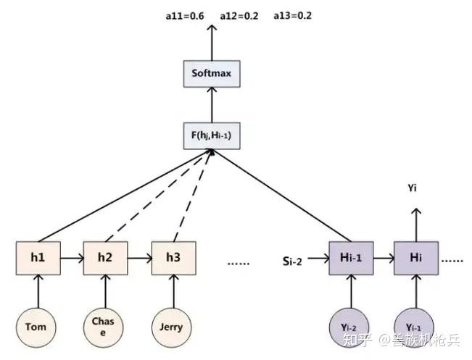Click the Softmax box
pyautogui.click(x=212, y=73)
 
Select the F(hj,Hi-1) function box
pyautogui.click(x=212, y=135)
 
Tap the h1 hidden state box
pyautogui.click(x=38, y=258)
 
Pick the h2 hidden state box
pyautogui.click(x=106, y=258)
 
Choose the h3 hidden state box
pyautogui.click(x=173, y=258)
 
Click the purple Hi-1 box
pyautogui.click(x=351, y=258)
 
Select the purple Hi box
pyautogui.click(x=416, y=258)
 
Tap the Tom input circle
pyautogui.click(x=38, y=327)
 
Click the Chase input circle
pyautogui.click(x=106, y=326)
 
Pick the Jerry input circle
pyautogui.click(x=173, y=327)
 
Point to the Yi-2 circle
pyautogui.click(x=351, y=327)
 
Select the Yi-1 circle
pyautogui.click(x=416, y=327)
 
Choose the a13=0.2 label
pyautogui.click(x=292, y=14)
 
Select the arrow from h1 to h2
pyautogui.click(x=72, y=258)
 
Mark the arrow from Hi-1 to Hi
pyautogui.click(x=384, y=258)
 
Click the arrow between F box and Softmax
pyautogui.click(x=212, y=104)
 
